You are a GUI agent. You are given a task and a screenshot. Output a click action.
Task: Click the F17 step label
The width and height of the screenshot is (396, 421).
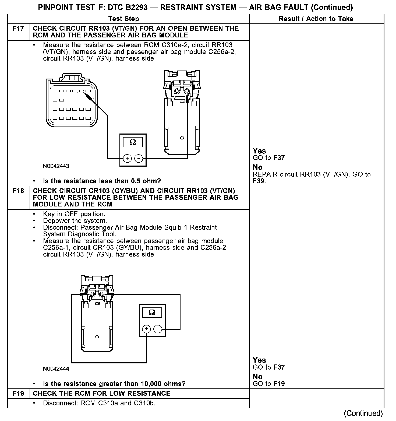pos(18,29)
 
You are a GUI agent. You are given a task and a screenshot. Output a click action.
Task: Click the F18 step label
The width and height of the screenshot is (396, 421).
pos(18,191)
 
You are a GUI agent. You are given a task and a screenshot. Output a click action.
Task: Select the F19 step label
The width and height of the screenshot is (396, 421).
pos(18,394)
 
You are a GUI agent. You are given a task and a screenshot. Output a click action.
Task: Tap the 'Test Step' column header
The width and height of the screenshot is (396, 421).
pos(124,19)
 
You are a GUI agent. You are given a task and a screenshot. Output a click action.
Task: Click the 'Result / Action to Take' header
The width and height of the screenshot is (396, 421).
pos(316,19)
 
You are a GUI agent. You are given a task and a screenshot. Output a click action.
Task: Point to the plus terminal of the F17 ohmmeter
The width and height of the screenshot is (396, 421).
pos(127,159)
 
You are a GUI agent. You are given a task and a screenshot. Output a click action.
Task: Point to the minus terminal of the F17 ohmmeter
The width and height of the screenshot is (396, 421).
pos(139,159)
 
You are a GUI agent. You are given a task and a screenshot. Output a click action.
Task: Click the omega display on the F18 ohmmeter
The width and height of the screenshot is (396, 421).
pos(152,313)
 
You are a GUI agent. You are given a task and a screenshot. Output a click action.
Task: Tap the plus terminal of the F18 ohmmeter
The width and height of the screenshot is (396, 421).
pos(147,329)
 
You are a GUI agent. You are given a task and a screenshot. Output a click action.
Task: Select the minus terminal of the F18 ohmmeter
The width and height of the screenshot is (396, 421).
pos(158,329)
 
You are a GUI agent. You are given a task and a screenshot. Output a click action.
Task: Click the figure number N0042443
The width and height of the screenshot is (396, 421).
pos(56,166)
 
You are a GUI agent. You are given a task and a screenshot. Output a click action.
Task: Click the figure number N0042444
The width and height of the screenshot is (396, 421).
pos(56,369)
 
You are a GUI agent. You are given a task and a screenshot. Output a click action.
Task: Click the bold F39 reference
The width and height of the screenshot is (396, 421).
pos(259,181)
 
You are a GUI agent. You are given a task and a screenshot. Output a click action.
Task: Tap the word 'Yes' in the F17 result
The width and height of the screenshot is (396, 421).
pos(259,151)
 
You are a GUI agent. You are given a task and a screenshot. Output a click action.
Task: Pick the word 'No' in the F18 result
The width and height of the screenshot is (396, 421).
pos(258,377)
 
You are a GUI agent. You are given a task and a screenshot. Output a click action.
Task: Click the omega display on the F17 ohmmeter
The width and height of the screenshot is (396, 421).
pos(133,142)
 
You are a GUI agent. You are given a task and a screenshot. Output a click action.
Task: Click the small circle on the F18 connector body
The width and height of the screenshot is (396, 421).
pos(97,337)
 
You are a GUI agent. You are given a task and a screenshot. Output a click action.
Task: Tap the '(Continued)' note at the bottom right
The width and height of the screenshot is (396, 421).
pos(363,413)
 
